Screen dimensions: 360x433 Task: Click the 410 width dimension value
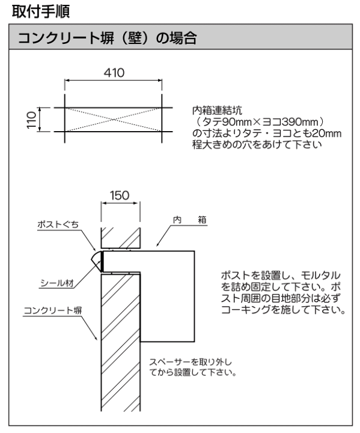(x=114, y=73)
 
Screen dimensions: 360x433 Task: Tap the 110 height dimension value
(x=31, y=120)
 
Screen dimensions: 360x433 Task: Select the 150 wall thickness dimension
(x=120, y=195)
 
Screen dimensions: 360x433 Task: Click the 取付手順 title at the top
(x=41, y=11)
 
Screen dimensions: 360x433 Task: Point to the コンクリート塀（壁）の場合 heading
(x=108, y=38)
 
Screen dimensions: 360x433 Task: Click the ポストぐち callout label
(x=58, y=224)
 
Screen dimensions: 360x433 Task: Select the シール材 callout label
(x=57, y=283)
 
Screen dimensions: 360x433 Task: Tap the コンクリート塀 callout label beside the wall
(x=53, y=310)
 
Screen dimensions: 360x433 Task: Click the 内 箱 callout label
(x=190, y=220)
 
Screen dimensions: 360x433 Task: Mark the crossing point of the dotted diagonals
(x=113, y=120)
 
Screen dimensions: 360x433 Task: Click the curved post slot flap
(x=96, y=261)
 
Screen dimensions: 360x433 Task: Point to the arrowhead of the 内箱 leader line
(x=157, y=245)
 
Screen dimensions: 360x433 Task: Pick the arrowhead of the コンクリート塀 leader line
(x=96, y=338)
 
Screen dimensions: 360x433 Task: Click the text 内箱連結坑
(x=218, y=111)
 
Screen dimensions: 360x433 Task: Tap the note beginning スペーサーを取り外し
(x=193, y=367)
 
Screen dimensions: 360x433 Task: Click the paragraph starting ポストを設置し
(x=284, y=293)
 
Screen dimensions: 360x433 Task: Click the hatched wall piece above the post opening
(x=121, y=238)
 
